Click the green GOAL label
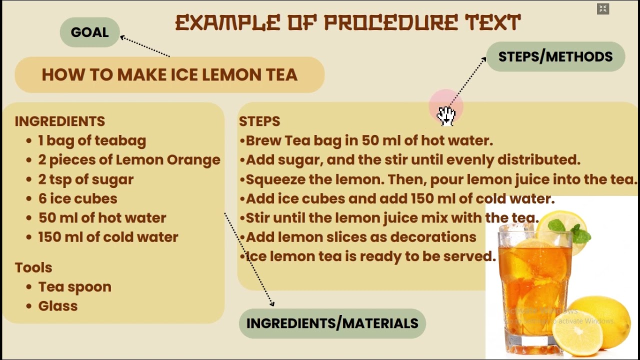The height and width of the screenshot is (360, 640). [89, 32]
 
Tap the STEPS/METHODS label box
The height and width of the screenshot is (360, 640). [555, 56]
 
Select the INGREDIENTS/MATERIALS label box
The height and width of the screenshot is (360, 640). [332, 323]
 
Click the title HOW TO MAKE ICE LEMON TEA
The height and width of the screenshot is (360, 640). [169, 74]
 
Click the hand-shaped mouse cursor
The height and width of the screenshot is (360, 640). [446, 116]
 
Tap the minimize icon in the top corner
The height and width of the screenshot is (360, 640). [603, 9]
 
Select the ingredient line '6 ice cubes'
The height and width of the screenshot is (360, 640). [77, 198]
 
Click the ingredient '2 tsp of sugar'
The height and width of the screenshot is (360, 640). [85, 179]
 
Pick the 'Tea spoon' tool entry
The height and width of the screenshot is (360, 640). [75, 287]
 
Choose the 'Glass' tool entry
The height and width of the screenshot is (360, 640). [58, 306]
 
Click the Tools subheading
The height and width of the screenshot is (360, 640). [33, 267]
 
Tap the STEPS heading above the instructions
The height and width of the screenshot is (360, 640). [259, 121]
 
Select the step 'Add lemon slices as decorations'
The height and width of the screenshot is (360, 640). [361, 237]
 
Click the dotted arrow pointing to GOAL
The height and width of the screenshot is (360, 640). [145, 46]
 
